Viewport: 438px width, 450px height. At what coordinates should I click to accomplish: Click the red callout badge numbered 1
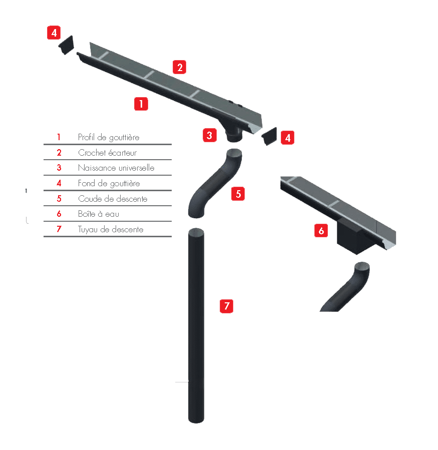(141, 104)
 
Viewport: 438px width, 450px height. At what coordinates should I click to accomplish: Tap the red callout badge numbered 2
(180, 67)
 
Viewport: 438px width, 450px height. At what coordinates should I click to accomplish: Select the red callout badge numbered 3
(210, 135)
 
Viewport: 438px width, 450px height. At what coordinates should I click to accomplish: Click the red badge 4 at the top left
(54, 33)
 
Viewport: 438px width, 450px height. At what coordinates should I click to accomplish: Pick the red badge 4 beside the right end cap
(287, 138)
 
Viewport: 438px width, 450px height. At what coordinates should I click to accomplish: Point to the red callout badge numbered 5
(238, 194)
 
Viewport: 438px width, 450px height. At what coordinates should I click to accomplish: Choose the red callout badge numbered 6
(321, 231)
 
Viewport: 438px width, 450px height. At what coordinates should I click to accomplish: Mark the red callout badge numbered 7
(227, 305)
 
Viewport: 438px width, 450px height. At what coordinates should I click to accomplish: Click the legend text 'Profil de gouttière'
(109, 137)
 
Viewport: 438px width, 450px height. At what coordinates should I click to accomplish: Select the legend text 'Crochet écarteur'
(107, 153)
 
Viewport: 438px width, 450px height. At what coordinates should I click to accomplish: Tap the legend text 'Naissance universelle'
(116, 168)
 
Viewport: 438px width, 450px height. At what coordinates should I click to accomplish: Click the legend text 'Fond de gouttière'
(109, 183)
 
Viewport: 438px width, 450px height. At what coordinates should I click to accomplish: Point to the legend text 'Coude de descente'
(113, 199)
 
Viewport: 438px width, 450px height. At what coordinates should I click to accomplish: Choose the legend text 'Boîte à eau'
(99, 214)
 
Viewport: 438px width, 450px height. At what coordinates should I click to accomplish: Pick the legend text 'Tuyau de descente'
(111, 229)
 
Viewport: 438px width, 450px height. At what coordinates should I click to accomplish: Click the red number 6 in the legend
(59, 214)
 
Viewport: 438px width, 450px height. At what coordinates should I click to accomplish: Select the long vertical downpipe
(196, 325)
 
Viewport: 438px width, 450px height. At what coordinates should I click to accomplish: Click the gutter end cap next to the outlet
(269, 136)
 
